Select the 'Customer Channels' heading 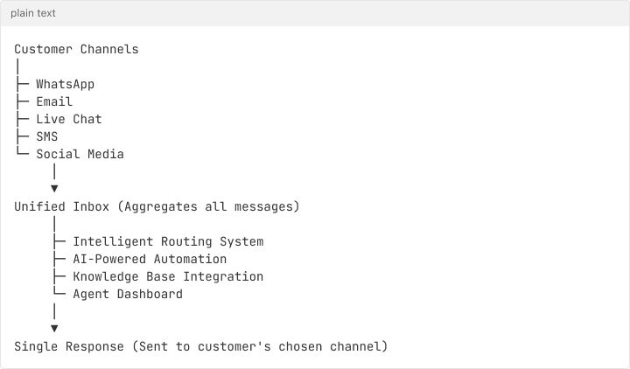click(76, 49)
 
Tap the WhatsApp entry click(65, 85)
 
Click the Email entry click(54, 102)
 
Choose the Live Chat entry click(68, 119)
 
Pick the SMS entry click(46, 136)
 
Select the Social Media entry click(80, 154)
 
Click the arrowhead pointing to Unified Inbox click(54, 188)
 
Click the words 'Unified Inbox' click(61, 206)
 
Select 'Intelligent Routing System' click(168, 241)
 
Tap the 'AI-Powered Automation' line click(150, 259)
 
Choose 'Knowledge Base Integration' click(168, 276)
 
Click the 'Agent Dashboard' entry click(128, 294)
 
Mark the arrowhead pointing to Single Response click(54, 328)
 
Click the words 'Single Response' click(68, 346)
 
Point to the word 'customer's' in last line click(234, 346)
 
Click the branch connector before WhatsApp click(22, 85)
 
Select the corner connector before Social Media click(22, 154)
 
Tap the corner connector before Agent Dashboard click(59, 294)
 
